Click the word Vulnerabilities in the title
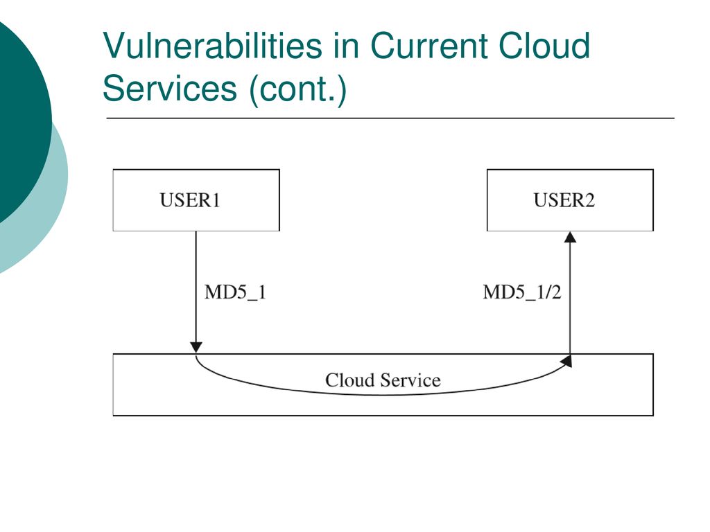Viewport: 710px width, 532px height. [212, 45]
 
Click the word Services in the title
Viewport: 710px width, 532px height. [170, 88]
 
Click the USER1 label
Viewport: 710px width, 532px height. [190, 200]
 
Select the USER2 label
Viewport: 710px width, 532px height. [564, 200]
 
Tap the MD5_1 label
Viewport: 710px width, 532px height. [235, 292]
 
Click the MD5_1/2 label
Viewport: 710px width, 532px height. [522, 292]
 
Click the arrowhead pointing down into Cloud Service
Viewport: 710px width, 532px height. [196, 348]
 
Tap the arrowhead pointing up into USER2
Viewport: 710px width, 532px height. [570, 237]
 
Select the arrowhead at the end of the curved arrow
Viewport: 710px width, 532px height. [566, 361]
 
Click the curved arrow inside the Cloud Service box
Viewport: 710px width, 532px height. [383, 395]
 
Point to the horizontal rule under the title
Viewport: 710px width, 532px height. [390, 118]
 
